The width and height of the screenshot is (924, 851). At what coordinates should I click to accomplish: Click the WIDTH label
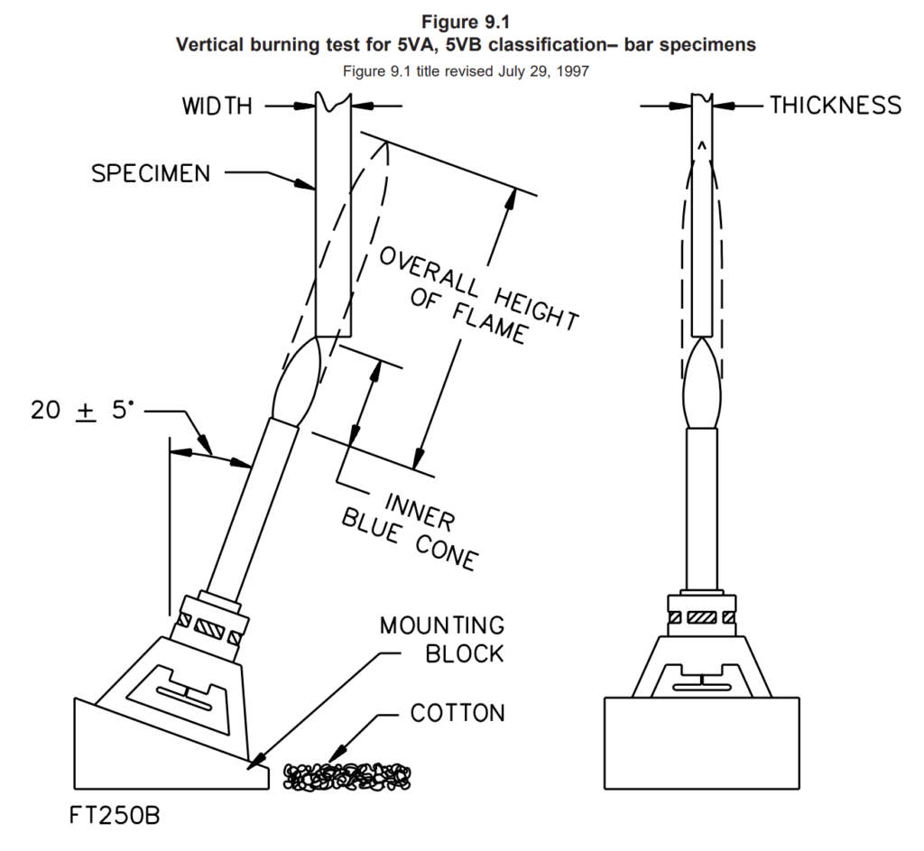pos(217,106)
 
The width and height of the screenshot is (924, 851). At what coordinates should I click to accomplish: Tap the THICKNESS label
pos(836,106)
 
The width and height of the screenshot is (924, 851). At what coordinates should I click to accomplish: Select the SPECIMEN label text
pos(151,173)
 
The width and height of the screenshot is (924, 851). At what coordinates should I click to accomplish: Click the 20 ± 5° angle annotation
pos(82,410)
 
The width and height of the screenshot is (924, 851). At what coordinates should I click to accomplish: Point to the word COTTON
pos(457,713)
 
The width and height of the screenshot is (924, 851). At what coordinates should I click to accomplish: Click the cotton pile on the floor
pos(347,777)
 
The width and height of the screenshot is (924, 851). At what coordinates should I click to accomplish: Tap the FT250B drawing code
pos(115,816)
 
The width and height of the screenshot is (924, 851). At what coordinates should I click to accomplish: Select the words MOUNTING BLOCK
pos(442,640)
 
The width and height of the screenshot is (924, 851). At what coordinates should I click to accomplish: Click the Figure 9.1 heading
pos(466,22)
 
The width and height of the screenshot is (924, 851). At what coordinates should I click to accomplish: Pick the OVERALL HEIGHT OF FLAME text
pos(478,296)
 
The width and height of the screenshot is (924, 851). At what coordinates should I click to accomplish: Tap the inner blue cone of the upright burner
pos(701,383)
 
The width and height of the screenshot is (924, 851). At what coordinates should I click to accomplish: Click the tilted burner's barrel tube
pos(252,508)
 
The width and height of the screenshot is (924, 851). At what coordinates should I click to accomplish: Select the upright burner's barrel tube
pos(701,509)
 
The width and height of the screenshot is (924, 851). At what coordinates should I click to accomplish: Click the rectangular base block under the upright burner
pos(702,743)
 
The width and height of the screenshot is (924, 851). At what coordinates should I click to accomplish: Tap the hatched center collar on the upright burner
pos(702,617)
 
